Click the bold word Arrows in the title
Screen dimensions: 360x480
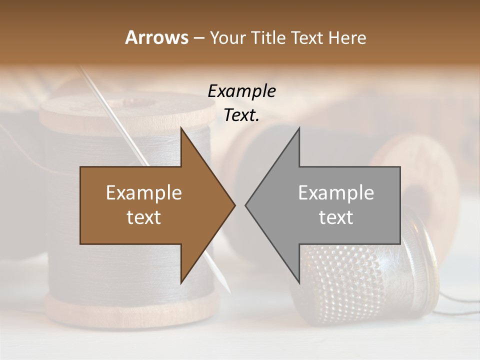(156, 37)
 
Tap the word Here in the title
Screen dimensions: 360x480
(348, 37)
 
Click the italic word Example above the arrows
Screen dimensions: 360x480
(241, 91)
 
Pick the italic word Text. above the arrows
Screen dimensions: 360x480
(241, 115)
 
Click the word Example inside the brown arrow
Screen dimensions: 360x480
(144, 193)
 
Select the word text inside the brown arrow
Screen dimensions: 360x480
(144, 217)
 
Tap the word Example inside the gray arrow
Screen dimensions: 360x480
(336, 193)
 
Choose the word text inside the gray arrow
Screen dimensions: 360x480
(336, 217)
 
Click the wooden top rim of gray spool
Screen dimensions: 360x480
(125, 112)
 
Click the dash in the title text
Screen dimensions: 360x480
(198, 37)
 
